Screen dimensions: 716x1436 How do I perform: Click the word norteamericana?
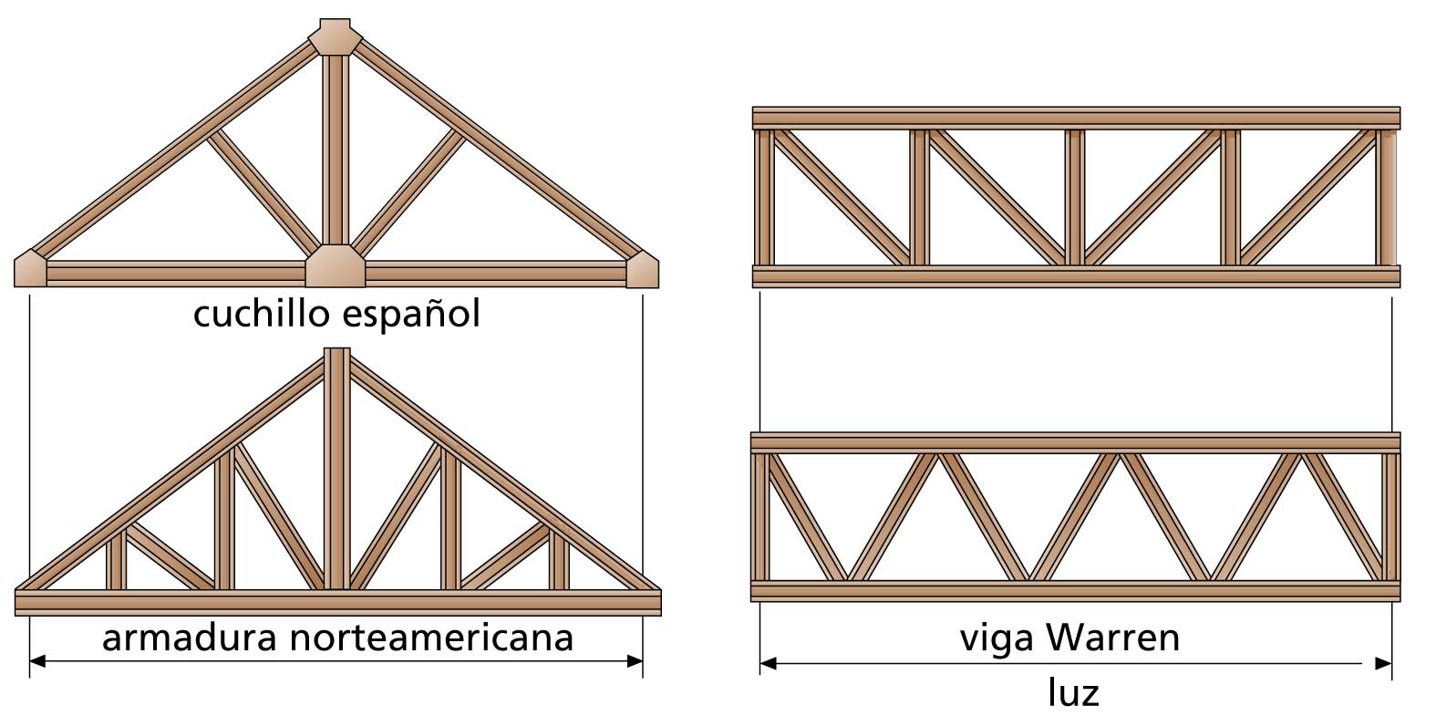[x=431, y=638]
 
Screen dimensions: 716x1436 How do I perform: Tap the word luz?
[x=1073, y=694]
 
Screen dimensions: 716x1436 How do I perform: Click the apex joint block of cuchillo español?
[x=336, y=37]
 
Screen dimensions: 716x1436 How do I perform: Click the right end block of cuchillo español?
[x=642, y=269]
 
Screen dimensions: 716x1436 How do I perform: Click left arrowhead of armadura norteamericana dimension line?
[x=37, y=660]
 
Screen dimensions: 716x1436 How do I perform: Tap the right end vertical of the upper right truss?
[x=1387, y=197]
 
